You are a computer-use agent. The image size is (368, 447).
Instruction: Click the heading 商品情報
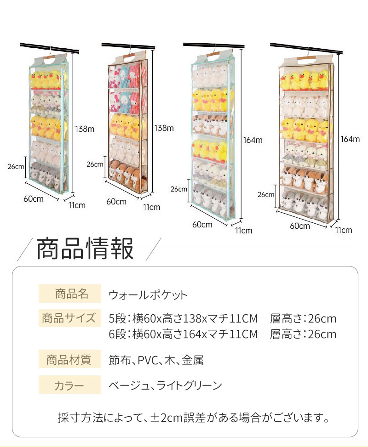click(x=85, y=249)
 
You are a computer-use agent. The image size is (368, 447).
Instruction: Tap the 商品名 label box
click(x=70, y=294)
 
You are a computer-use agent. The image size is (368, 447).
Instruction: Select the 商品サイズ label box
click(x=70, y=318)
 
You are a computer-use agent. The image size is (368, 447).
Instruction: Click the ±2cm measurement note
click(x=193, y=418)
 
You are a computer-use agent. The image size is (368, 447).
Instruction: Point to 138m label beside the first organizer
click(x=85, y=130)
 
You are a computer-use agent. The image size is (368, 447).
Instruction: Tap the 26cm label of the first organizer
click(x=16, y=166)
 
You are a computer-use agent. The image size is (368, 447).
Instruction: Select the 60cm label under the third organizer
click(x=202, y=225)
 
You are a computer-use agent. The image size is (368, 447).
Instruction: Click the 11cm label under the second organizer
click(x=151, y=207)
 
